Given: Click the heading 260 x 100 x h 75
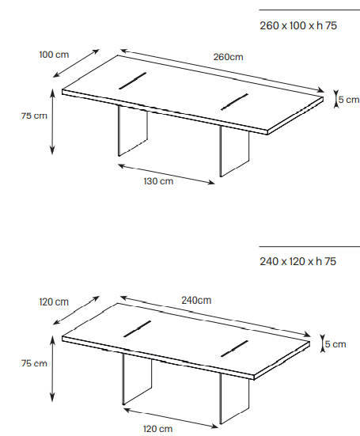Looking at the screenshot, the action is click(298, 25).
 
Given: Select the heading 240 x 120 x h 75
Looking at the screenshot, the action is click(298, 261).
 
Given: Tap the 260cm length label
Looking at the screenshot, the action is click(228, 57).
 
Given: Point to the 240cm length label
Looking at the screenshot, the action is click(196, 301).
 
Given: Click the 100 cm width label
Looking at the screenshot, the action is click(54, 55).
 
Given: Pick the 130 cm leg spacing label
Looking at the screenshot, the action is click(158, 181).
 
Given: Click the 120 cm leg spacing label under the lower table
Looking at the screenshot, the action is click(157, 429).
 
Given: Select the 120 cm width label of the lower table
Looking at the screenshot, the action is click(54, 302).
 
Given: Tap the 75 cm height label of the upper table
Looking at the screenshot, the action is click(34, 116).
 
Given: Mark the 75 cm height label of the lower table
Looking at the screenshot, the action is click(34, 363).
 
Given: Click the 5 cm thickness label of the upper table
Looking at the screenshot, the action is click(349, 100).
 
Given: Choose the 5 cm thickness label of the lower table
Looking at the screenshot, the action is click(335, 344).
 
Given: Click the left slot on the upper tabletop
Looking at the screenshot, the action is click(133, 81).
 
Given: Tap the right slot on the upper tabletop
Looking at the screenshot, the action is click(234, 102).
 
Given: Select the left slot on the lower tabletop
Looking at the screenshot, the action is click(138, 328).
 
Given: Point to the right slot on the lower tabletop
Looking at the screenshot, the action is click(234, 349).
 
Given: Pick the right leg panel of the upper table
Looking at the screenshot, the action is click(235, 152).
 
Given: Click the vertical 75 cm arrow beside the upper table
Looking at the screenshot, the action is click(52, 121).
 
